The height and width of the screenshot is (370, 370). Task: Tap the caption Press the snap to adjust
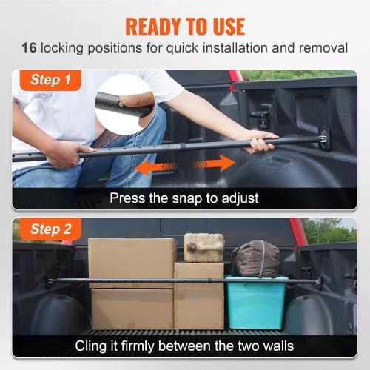tap(185, 198)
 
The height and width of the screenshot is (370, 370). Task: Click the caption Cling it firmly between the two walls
tap(185, 346)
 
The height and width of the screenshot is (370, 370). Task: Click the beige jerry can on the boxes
tap(203, 247)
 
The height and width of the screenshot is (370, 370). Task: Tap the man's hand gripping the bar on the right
tap(260, 141)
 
